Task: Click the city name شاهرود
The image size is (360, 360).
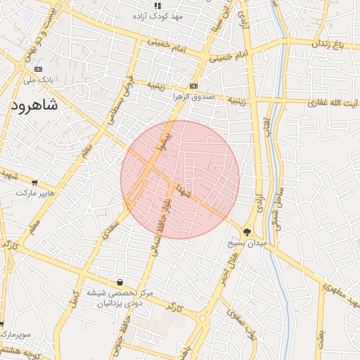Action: pyautogui.click(x=43, y=105)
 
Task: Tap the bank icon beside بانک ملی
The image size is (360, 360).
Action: pyautogui.click(x=38, y=70)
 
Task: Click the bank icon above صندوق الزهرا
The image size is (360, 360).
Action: pyautogui.click(x=193, y=86)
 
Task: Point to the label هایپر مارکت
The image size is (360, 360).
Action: pyautogui.click(x=35, y=193)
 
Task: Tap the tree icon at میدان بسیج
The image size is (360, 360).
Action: pyautogui.click(x=247, y=232)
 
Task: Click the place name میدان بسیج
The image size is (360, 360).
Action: pyautogui.click(x=247, y=243)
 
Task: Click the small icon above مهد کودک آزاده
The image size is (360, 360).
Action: pyautogui.click(x=157, y=6)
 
